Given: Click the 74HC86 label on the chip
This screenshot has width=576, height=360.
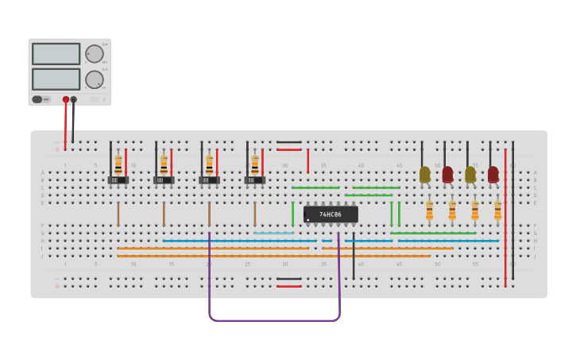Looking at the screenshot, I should coord(331,215).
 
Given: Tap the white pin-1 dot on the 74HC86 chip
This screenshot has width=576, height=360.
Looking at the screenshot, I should coord(308,219).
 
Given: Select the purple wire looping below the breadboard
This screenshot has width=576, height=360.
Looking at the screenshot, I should coord(274,320).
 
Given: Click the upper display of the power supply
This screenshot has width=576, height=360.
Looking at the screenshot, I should coord(56,54).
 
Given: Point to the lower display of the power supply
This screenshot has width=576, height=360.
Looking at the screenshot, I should coord(56,79).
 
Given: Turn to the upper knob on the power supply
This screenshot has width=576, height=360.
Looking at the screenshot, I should coord(94,54).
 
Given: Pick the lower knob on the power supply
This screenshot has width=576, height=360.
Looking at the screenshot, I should coord(94,79).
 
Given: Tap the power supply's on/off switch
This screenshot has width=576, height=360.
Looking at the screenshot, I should coord(37,99).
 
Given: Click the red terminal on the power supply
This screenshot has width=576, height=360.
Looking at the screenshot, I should coord(66,100).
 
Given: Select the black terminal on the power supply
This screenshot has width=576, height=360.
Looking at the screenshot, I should coord(74,100).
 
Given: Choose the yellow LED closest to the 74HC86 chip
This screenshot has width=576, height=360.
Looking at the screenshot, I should coord(425,173).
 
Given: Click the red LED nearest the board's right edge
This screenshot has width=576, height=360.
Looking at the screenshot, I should coord(493,173).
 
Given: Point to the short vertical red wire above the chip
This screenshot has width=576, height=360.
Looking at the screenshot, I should coord(308,161).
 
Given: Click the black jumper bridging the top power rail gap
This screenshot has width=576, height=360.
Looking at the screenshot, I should coord(289,142).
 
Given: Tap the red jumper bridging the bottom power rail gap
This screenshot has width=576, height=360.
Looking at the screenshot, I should coord(289,286).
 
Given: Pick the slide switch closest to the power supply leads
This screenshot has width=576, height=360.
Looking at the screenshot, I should coord(118,180).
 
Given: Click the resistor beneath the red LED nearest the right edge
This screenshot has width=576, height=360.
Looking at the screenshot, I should coord(498,210).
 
